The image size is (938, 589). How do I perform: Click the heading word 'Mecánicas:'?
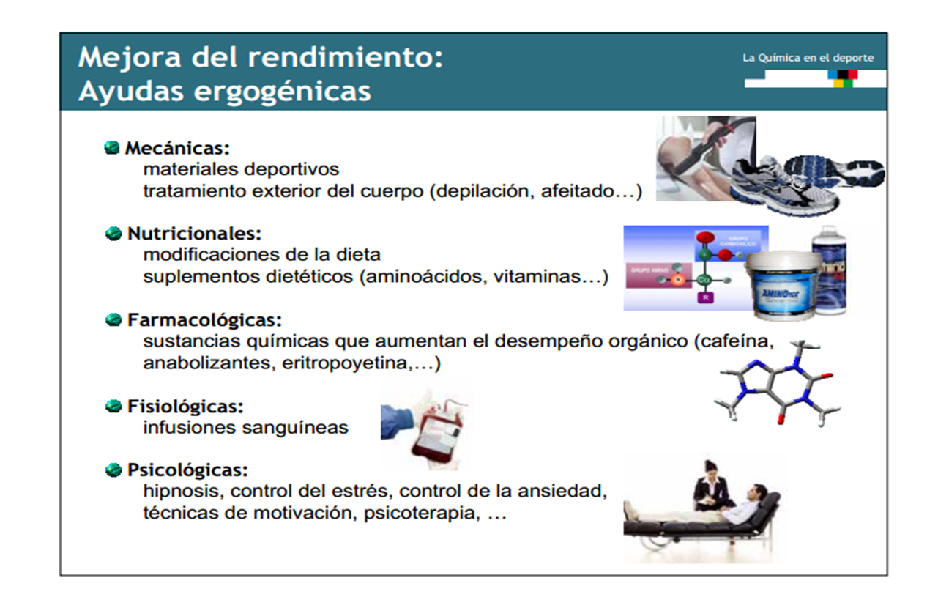pyautogui.click(x=178, y=148)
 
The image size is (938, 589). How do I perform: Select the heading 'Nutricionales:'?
pyautogui.click(x=194, y=234)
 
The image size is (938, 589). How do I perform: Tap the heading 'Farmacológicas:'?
pyautogui.click(x=204, y=320)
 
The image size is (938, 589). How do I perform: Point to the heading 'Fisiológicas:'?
pyautogui.click(x=185, y=406)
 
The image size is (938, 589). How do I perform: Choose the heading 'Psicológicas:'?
pyautogui.click(x=187, y=470)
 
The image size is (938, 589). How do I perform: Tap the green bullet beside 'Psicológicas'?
pyautogui.click(x=113, y=470)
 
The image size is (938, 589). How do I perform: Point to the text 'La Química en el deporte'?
pyautogui.click(x=808, y=58)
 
